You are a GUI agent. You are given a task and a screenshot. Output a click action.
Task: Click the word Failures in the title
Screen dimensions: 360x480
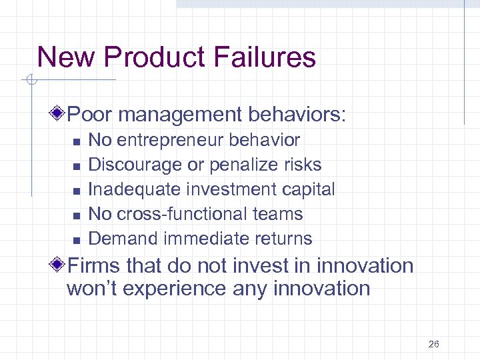tap(265, 57)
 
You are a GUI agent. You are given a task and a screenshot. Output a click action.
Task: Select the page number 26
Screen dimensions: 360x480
tap(434, 344)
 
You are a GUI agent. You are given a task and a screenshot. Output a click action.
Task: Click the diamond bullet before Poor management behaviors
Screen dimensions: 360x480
tap(60, 114)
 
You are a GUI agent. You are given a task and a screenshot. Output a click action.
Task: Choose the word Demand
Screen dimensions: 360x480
tap(123, 239)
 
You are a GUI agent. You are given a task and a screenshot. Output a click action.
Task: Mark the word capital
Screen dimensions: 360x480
tap(307, 189)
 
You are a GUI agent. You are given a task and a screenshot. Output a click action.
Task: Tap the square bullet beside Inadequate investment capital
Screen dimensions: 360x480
tap(77, 191)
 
